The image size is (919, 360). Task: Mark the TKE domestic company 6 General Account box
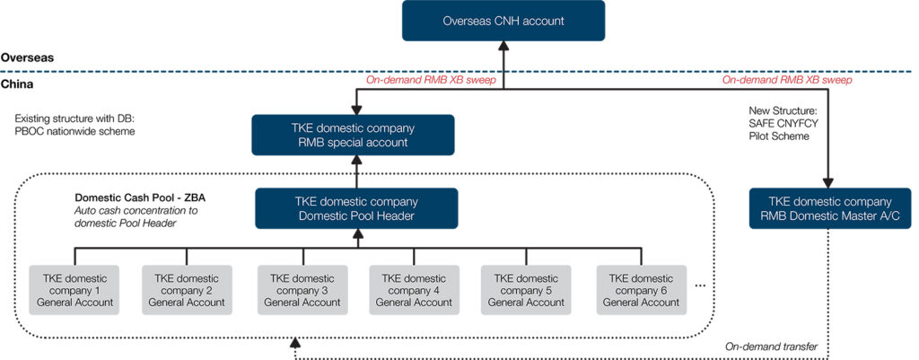641,290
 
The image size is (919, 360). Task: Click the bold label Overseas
27,57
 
